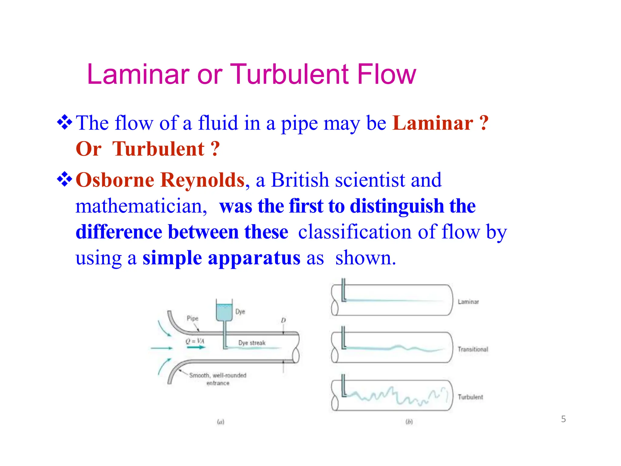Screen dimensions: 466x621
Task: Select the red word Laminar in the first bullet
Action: [x=433, y=123]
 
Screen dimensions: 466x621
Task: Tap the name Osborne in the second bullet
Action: [x=115, y=180]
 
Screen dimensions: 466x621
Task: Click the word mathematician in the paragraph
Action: [x=141, y=206]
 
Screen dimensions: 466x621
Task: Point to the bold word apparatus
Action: [x=254, y=258]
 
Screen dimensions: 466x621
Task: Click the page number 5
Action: [x=563, y=419]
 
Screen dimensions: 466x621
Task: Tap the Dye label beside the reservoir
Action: [x=240, y=312]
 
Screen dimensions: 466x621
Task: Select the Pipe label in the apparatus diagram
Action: [x=193, y=318]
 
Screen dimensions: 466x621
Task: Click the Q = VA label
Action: [x=195, y=341]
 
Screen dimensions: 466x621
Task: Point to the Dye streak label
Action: [x=252, y=343]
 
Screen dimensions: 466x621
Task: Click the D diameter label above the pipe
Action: [x=283, y=320]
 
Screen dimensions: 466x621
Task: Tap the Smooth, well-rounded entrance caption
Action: [x=218, y=379]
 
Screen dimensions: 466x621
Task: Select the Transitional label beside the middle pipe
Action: [x=473, y=349]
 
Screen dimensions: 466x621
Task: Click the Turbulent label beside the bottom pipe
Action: [x=470, y=397]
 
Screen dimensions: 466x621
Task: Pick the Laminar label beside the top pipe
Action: [x=468, y=302]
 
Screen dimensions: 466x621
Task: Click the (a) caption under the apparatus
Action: [x=220, y=422]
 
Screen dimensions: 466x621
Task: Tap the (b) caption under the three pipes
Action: [x=409, y=422]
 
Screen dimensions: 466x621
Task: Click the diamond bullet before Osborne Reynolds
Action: [x=65, y=179]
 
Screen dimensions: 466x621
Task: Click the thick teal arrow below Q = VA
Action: [x=196, y=347]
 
